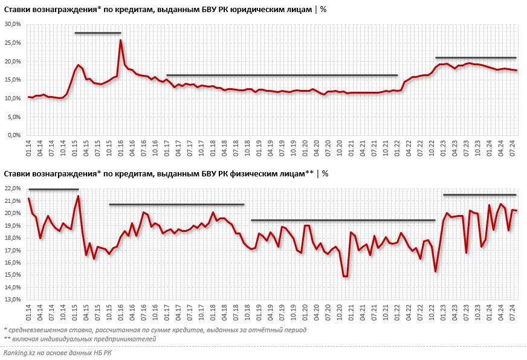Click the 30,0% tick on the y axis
[13, 24]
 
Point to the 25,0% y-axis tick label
[13, 43]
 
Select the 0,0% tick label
[15, 135]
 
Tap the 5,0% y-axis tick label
[15, 117]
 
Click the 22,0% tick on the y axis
[13, 188]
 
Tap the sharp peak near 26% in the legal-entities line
[120, 40]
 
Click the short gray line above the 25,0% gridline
[97, 33]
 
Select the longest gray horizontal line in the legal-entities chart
[282, 75]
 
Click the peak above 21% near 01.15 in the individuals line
[78, 196]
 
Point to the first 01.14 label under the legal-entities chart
[28, 147]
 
